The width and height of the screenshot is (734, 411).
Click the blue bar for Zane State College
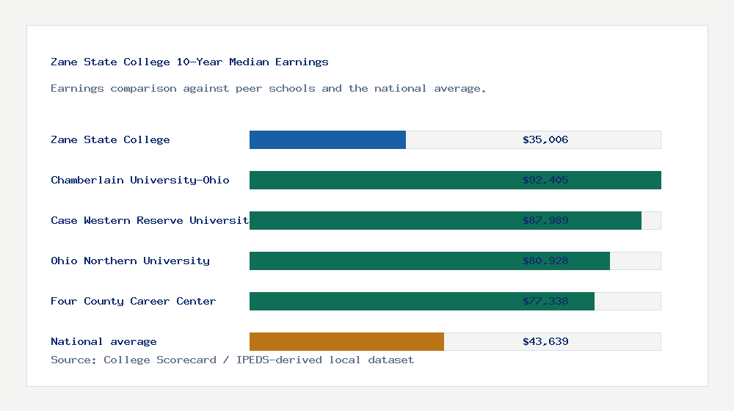327,139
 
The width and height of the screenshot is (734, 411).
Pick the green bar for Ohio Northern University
382,261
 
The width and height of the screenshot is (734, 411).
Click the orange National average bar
346,341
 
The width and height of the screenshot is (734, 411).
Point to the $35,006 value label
545,139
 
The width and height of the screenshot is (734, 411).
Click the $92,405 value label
545,180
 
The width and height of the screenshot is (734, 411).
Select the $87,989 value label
545,220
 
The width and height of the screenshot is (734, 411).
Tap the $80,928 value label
545,261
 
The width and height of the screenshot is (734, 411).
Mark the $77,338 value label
545,301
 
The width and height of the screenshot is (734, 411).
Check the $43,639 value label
545,341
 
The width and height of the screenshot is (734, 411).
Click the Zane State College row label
110,139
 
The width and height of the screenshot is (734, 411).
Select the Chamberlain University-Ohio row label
140,180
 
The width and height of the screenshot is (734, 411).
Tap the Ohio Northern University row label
130,261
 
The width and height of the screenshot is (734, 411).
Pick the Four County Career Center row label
134,301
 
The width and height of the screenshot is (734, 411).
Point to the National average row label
103,341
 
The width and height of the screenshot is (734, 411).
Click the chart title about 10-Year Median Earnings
189,62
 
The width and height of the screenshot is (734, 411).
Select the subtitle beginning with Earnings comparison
269,88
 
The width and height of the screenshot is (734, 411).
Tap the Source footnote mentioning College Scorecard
232,360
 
